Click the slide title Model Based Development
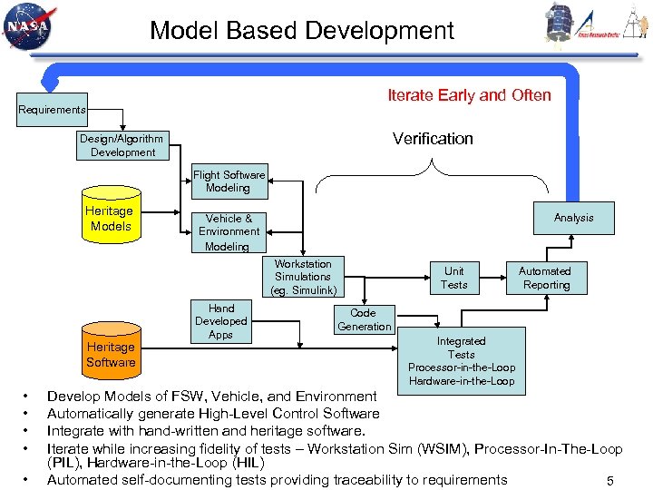(x=302, y=31)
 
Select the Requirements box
(x=52, y=110)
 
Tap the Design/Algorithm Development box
(x=122, y=145)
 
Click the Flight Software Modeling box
(x=229, y=181)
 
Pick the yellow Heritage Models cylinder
(x=111, y=216)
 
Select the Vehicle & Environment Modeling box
(x=229, y=231)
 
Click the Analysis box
(x=573, y=218)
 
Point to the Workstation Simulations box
(x=303, y=277)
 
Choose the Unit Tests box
(x=453, y=278)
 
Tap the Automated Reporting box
(x=544, y=278)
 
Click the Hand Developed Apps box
(x=220, y=321)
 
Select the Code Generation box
(x=364, y=319)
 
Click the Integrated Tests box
(x=461, y=360)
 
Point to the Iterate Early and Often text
(x=469, y=95)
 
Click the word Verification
(x=433, y=139)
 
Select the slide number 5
(x=610, y=481)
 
